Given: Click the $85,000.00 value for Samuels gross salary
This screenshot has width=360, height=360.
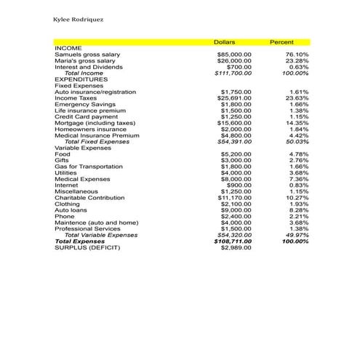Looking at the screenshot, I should point(234,55).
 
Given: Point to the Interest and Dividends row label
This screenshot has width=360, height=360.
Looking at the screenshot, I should point(89,67).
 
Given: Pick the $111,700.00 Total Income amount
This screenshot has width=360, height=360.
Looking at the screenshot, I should point(233,73).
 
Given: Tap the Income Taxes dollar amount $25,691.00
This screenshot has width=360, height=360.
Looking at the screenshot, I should point(235,98).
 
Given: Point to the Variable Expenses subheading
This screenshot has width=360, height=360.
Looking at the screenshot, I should point(82,148).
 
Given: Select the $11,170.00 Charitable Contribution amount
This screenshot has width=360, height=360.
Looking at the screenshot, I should point(234,198).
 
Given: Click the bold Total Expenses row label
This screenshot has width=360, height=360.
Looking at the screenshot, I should point(80,241).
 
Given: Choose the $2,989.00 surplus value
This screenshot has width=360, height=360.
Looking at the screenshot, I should point(236,247).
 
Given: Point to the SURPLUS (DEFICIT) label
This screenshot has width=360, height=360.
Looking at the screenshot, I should point(87,247).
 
